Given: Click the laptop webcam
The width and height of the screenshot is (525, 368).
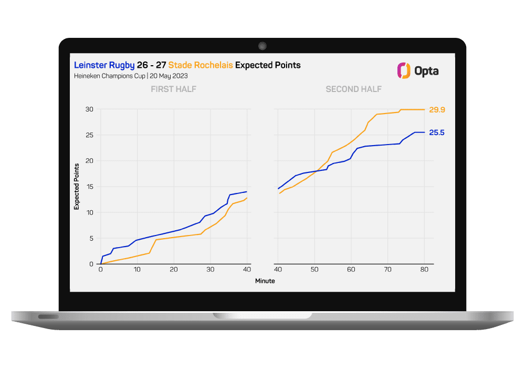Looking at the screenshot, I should click(x=262, y=46).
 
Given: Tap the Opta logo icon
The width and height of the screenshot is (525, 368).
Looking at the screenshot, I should click(x=403, y=71).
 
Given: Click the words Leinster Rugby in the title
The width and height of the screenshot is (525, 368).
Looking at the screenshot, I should click(x=104, y=65).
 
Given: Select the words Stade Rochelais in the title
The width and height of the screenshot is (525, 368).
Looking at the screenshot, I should click(x=200, y=65).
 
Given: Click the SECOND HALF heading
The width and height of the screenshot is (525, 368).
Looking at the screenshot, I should click(x=353, y=89).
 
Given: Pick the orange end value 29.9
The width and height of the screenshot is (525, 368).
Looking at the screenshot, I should click(x=437, y=110).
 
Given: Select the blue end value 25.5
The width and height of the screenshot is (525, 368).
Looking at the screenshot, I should click(x=437, y=132).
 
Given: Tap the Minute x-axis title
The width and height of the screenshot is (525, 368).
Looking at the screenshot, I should click(x=265, y=281).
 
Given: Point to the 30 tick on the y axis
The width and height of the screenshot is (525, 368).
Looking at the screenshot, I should click(x=89, y=109).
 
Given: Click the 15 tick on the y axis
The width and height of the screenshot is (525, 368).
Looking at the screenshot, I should click(x=89, y=187).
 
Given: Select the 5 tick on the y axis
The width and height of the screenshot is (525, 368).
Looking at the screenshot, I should click(x=91, y=238).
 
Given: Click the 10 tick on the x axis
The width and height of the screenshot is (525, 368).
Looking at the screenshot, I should click(x=137, y=270).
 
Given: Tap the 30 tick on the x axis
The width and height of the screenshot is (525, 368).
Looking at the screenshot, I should click(x=210, y=270).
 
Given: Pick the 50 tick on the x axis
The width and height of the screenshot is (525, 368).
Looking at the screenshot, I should click(x=314, y=270).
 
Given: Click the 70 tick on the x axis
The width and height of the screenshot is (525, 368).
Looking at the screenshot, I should click(x=387, y=270).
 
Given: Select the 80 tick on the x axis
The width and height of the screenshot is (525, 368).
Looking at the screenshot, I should click(x=424, y=270).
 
